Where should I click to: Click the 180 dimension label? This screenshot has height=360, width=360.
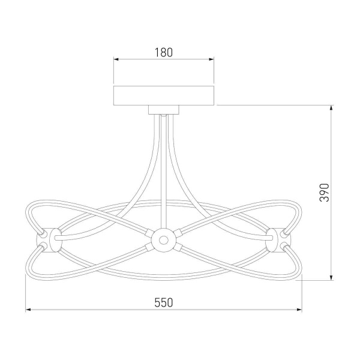[x=164, y=52]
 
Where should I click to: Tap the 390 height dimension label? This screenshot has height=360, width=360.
[x=325, y=193]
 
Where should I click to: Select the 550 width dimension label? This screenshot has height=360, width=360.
[x=163, y=302]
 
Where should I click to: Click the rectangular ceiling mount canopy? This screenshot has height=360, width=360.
[x=164, y=96]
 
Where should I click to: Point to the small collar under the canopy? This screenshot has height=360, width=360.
[x=164, y=110]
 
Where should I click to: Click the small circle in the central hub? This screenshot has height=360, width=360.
[x=164, y=241]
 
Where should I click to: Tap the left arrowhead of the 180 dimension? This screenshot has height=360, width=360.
[x=116, y=59]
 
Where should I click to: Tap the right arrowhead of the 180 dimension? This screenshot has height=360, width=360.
[x=211, y=59]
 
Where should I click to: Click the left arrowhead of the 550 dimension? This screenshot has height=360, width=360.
[x=28, y=310]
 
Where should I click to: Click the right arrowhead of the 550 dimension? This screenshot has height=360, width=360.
[x=299, y=310]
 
